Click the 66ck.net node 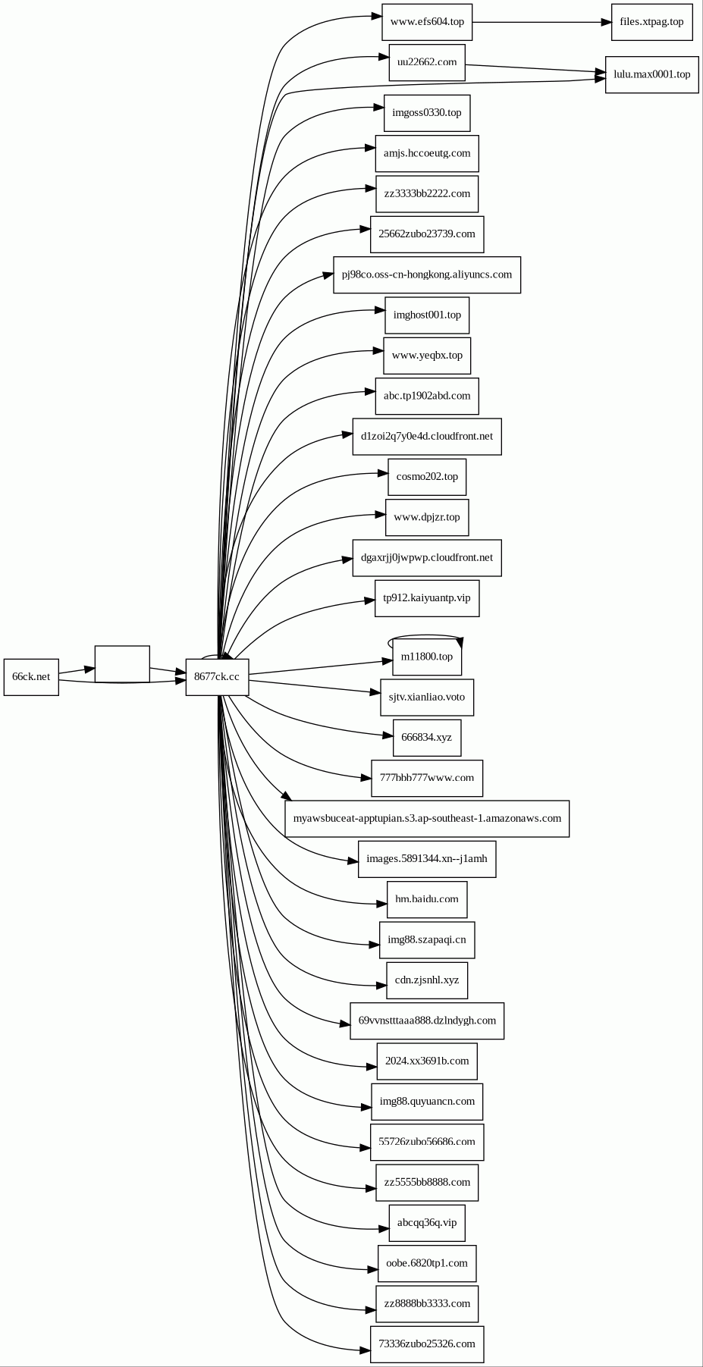pyautogui.click(x=31, y=676)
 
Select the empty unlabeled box pyautogui.click(x=122, y=664)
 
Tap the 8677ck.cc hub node pyautogui.click(x=217, y=676)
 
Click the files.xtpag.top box pyautogui.click(x=651, y=22)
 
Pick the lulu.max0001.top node pyautogui.click(x=651, y=74)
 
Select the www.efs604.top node pyautogui.click(x=427, y=22)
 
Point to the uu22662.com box pyautogui.click(x=427, y=62)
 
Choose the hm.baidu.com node pyautogui.click(x=427, y=899)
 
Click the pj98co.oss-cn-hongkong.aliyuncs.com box pyautogui.click(x=427, y=274)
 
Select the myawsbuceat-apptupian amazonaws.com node pyautogui.click(x=427, y=819)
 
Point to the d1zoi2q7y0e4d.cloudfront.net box pyautogui.click(x=427, y=437)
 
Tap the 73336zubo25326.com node pyautogui.click(x=427, y=1344)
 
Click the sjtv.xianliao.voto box pyautogui.click(x=427, y=697)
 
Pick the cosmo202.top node pyautogui.click(x=427, y=477)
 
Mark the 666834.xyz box pyautogui.click(x=427, y=738)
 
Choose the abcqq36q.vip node pyautogui.click(x=427, y=1223)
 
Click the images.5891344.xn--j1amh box pyautogui.click(x=427, y=859)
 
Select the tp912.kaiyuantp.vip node pyautogui.click(x=427, y=598)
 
